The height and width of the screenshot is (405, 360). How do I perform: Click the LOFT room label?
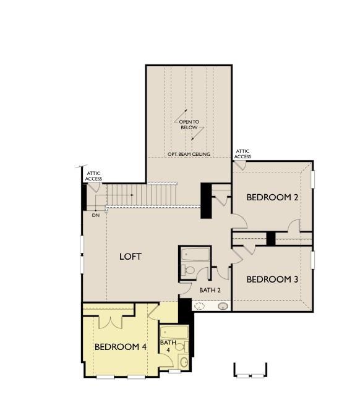[x=131, y=256]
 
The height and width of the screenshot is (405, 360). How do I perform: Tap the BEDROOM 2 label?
[x=273, y=198]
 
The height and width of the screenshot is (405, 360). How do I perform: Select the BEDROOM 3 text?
[x=272, y=279]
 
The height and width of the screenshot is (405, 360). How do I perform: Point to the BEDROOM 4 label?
[x=120, y=347]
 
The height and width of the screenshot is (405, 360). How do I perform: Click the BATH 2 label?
[x=209, y=289]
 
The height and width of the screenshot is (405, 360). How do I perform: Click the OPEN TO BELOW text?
[x=189, y=125]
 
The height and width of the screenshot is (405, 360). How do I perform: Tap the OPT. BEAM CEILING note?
[x=189, y=154]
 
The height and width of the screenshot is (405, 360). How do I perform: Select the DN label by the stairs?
[x=96, y=215]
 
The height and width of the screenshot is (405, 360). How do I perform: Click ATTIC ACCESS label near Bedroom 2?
[x=243, y=153]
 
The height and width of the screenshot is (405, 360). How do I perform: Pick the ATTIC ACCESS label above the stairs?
[x=93, y=176]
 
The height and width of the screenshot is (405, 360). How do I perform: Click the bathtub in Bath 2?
[x=195, y=254]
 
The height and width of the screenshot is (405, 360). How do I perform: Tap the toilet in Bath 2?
[x=189, y=270]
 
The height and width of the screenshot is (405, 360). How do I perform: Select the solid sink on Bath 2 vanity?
[x=222, y=305]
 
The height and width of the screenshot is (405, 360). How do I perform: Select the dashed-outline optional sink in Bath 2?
[x=200, y=305]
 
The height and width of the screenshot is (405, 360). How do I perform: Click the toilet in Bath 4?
[x=180, y=347]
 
